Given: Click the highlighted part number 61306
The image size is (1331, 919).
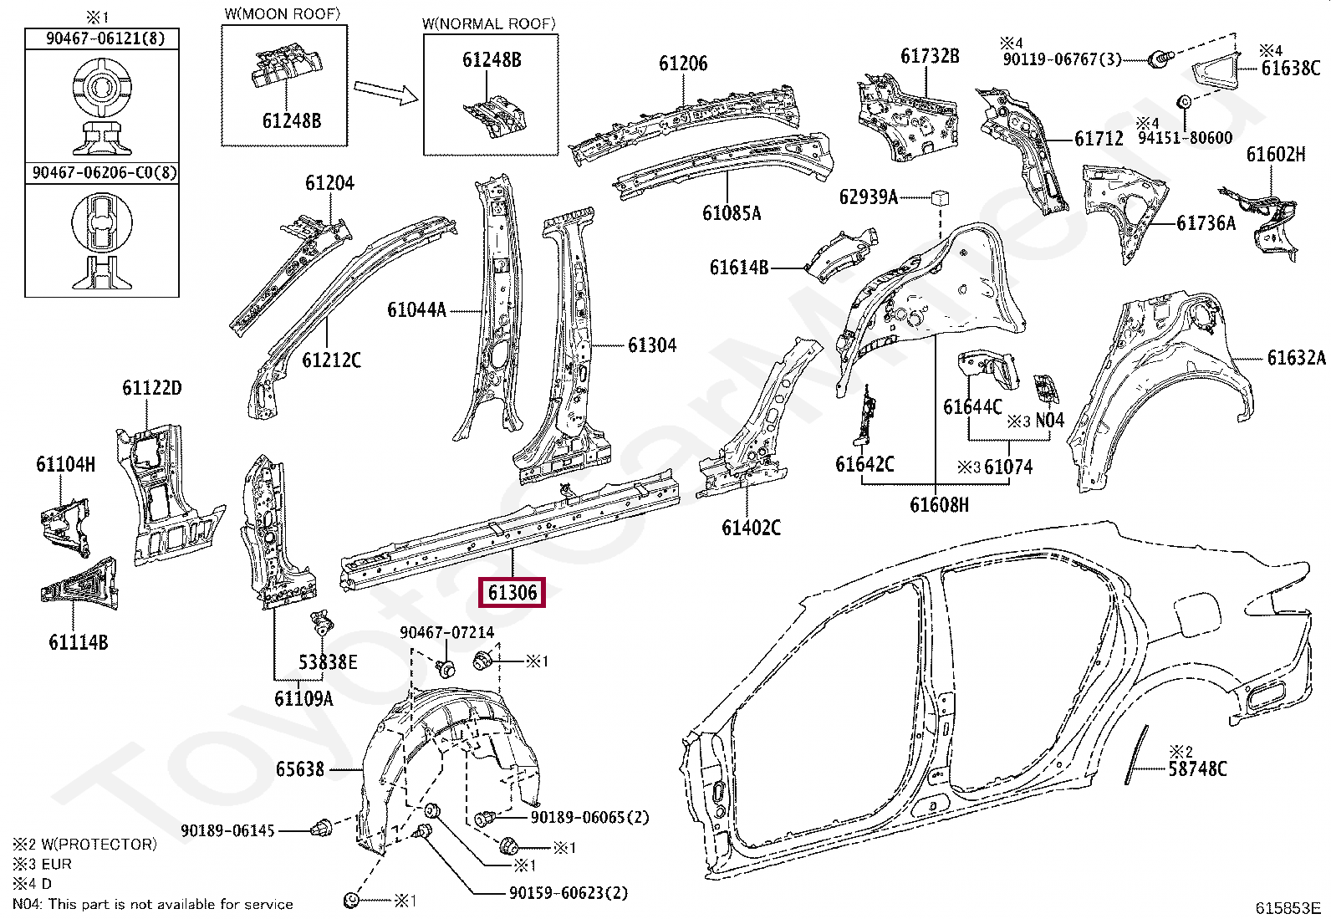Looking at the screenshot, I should [x=512, y=593].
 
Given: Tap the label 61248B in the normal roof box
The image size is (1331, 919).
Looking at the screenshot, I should [x=492, y=59].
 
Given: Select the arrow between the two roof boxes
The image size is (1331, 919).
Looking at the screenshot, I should [x=385, y=92].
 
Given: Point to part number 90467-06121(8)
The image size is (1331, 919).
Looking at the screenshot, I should [x=102, y=38].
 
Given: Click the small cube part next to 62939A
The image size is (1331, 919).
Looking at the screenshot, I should [x=940, y=198].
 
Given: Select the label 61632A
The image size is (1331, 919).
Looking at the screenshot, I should [x=1296, y=358].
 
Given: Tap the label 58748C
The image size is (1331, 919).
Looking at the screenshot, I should [x=1197, y=768].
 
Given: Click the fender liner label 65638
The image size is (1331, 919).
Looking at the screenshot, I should [x=300, y=768].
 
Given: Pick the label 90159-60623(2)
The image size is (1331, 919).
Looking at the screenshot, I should [x=569, y=893].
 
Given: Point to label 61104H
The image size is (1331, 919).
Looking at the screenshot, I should [x=65, y=465].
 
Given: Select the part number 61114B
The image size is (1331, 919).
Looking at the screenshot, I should [x=78, y=642].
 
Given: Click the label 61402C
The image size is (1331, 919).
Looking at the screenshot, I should [x=751, y=527].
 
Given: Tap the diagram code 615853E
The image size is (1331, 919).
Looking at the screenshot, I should [x=1287, y=908].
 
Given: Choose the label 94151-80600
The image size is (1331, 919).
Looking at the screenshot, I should [x=1184, y=138].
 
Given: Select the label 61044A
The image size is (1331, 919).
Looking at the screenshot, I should [x=416, y=310].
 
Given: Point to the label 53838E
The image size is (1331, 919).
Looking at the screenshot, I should [x=328, y=662].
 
